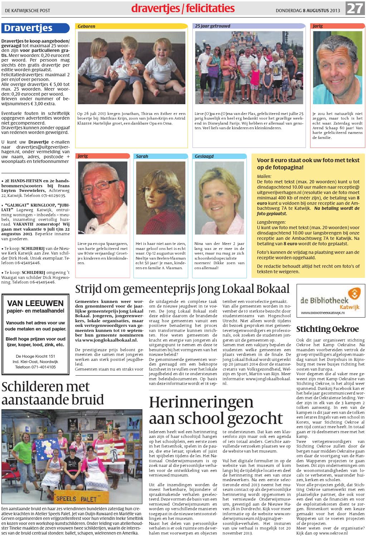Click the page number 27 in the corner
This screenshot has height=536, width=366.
coord(355,8)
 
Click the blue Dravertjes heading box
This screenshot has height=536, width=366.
coord(35,28)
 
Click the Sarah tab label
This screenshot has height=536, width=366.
coord(142,156)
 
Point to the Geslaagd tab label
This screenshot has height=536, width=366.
coord(204,156)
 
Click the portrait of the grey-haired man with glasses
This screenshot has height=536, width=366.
coord(103,198)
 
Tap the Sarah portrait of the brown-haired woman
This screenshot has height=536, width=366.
coord(161,198)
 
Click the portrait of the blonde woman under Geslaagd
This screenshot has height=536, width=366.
coord(219,198)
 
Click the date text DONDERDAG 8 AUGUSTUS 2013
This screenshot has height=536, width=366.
coord(307,10)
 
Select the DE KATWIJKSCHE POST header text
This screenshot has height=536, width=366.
coord(28,11)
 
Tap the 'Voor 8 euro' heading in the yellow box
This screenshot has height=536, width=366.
coord(308,164)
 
